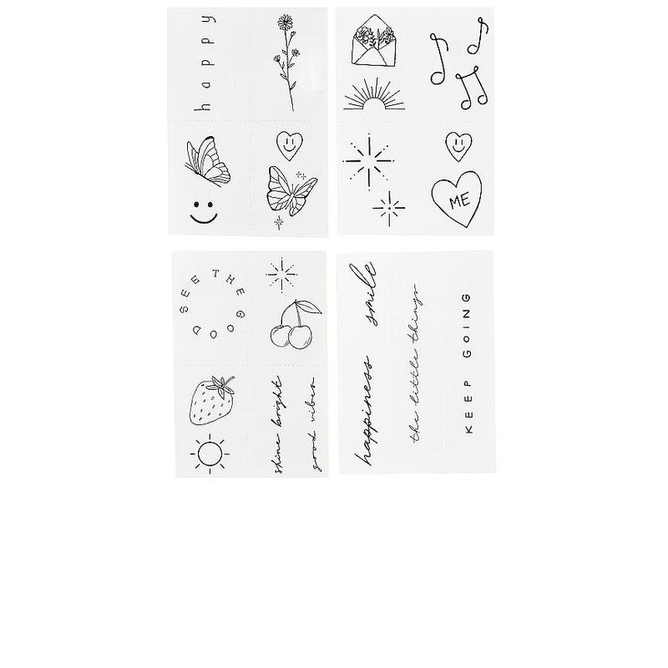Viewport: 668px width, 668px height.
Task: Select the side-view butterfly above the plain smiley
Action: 209,162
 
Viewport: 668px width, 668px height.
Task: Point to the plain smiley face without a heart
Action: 203,210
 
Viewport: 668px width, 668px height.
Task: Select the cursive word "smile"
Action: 368,294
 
